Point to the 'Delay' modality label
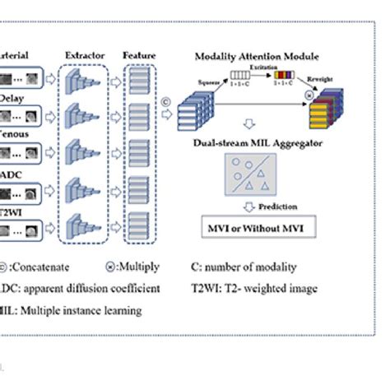coord(12,96)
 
